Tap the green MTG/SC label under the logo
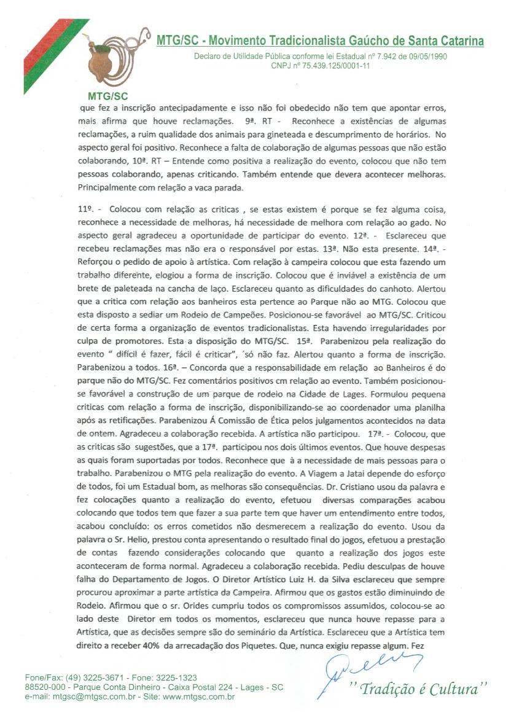click(107, 96)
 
